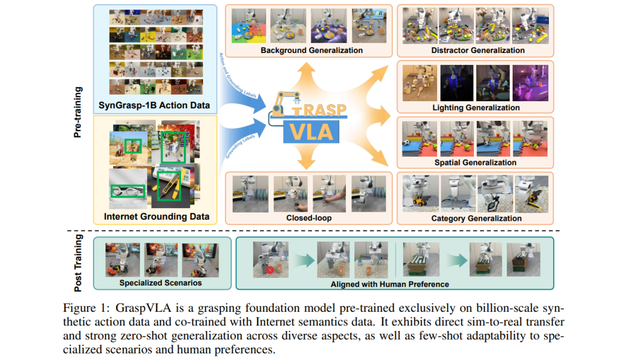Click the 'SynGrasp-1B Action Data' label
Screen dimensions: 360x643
pos(155,105)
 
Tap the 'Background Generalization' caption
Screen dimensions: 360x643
pos(311,51)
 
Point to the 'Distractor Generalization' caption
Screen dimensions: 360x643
pos(478,51)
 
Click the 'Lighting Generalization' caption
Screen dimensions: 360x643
pos(476,108)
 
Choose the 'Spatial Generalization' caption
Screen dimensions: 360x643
pos(476,162)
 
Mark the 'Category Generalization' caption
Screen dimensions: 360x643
pos(476,218)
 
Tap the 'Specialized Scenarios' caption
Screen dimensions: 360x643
pos(160,283)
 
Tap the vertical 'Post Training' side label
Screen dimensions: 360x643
pos(78,262)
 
